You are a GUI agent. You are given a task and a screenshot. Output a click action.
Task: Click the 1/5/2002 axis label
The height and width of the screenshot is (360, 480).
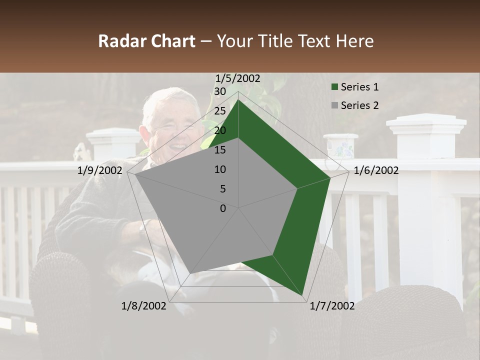pos(238,78)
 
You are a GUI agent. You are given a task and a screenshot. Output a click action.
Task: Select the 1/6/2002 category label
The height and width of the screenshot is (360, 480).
pos(376,170)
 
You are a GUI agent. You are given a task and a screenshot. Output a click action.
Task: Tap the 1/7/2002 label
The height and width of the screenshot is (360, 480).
pos(332,306)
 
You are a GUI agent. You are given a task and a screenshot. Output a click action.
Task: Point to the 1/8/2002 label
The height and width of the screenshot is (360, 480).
pos(144,306)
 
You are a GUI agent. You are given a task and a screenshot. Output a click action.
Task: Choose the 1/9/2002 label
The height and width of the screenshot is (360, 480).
pos(100,170)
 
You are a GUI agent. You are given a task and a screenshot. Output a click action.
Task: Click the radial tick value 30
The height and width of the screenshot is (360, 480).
pos(219,91)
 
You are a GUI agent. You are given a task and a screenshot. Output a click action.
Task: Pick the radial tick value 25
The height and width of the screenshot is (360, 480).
pos(219,111)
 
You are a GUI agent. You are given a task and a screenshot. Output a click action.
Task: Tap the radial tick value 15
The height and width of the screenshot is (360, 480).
pos(219,150)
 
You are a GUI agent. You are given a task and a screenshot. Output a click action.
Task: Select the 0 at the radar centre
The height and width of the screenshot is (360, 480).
pos(223,208)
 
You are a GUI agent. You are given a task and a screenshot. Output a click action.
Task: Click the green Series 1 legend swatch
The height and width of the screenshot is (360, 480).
pos(334,87)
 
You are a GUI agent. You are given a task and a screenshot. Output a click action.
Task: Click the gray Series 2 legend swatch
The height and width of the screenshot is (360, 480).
pos(334,105)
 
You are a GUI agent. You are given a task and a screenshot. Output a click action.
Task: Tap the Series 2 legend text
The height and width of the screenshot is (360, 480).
pos(359,105)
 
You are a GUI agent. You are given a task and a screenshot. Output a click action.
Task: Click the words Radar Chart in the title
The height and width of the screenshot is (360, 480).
pos(146,41)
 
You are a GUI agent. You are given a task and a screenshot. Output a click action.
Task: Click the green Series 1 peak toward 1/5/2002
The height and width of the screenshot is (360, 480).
pos(238,100)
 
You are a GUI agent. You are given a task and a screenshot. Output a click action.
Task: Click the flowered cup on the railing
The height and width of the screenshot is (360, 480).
pos(341,147)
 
